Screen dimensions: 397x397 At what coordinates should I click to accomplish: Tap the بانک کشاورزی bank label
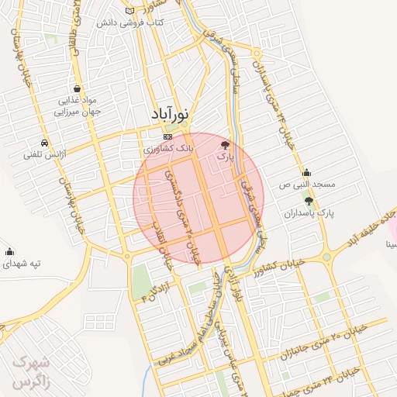(166, 147)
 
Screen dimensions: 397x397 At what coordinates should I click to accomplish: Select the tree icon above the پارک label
(226, 144)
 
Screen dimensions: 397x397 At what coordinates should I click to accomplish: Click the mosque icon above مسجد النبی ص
(307, 173)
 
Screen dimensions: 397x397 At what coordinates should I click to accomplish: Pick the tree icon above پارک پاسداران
(309, 201)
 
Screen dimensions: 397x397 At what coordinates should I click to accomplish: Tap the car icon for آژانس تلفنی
(46, 143)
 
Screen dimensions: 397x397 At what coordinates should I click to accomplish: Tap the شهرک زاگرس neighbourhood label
(31, 373)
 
